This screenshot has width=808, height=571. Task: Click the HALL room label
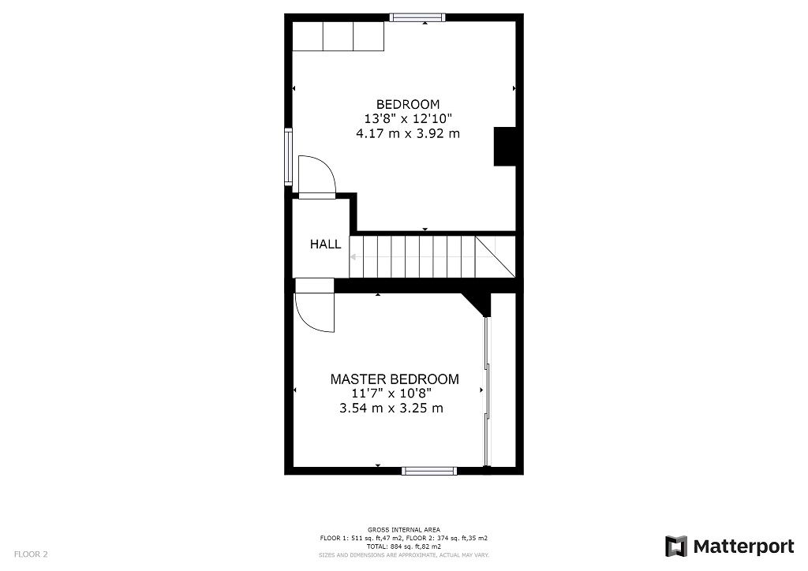point(325,244)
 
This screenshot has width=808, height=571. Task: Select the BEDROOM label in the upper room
point(408,104)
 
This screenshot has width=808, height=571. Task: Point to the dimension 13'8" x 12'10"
point(408,119)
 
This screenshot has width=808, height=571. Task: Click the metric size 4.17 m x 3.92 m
point(408,134)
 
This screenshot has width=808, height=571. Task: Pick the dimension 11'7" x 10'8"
point(392,394)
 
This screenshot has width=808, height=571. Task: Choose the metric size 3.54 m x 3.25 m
point(391,409)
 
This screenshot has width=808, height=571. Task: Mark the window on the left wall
point(289,157)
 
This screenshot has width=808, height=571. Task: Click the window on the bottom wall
point(428,471)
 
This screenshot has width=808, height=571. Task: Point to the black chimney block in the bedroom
point(505,146)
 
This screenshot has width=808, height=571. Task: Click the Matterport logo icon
point(676,547)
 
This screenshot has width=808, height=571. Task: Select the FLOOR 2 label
point(31,554)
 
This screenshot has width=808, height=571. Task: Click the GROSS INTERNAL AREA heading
point(403,529)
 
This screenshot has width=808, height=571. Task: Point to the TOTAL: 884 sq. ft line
point(403,546)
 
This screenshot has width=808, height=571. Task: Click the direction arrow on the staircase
point(353,256)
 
